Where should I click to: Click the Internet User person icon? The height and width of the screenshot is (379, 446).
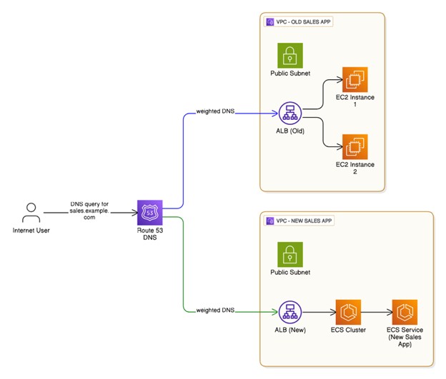tap(31, 213)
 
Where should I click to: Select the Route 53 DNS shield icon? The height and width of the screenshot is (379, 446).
tap(149, 213)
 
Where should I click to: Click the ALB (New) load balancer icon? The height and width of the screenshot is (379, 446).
tap(290, 312)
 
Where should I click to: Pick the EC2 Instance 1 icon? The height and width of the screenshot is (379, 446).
tap(355, 79)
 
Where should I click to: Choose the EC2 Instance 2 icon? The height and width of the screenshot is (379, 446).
tap(355, 146)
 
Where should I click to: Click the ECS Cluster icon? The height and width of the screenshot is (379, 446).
tap(349, 312)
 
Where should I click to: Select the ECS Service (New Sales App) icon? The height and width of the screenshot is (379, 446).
tap(405, 312)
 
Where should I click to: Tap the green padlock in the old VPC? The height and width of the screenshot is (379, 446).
tap(290, 56)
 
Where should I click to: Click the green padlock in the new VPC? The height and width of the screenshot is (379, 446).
tap(290, 254)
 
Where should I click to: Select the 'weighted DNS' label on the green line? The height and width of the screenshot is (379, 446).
tap(214, 311)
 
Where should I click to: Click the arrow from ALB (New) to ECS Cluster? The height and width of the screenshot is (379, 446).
tap(319, 312)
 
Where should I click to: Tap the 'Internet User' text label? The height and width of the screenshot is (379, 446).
tap(31, 231)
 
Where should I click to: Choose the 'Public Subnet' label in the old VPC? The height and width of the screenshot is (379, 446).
tap(290, 74)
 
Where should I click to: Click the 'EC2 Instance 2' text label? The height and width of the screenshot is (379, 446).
tap(355, 168)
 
